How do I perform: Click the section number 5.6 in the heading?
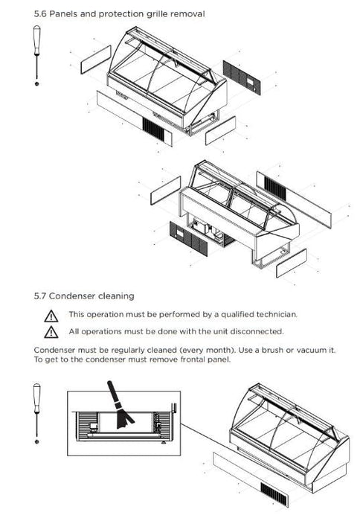click(40, 14)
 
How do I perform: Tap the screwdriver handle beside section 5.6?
click(37, 40)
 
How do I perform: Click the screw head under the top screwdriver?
click(37, 83)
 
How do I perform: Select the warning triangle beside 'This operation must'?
click(51, 316)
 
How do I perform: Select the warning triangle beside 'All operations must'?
click(51, 332)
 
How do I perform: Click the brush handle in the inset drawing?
click(113, 392)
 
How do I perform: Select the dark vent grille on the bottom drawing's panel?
click(274, 494)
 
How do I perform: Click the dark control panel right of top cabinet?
click(242, 77)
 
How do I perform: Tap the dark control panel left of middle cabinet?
click(189, 238)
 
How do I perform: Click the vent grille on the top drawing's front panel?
click(153, 130)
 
